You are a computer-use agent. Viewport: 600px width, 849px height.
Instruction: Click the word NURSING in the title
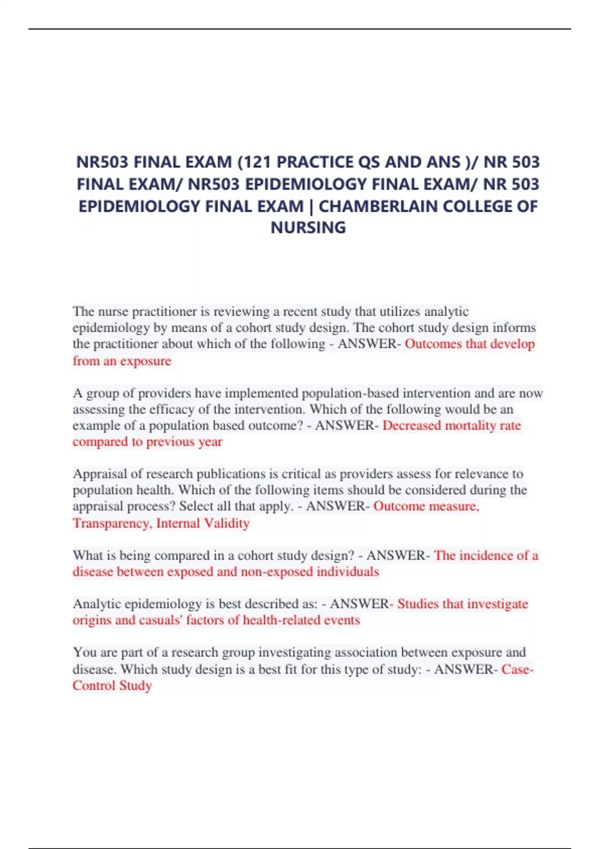[308, 228]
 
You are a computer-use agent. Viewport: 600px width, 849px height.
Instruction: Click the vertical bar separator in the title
[311, 206]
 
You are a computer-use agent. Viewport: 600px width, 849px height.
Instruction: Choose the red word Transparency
[111, 523]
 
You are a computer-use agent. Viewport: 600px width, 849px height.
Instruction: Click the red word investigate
[497, 604]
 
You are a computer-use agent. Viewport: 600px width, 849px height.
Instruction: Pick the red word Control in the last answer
[93, 686]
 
